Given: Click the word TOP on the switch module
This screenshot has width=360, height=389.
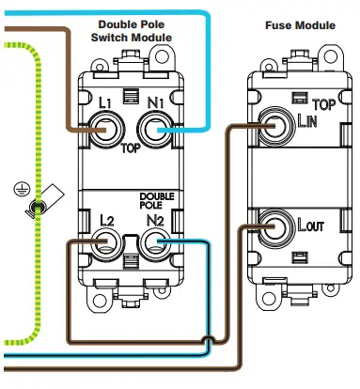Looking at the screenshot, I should pyautogui.click(x=132, y=148).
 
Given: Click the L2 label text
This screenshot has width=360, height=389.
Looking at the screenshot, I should pyautogui.click(x=106, y=220).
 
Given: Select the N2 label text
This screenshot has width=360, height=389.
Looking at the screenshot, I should pyautogui.click(x=156, y=220).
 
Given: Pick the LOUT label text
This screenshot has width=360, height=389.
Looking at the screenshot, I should pyautogui.click(x=312, y=226).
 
